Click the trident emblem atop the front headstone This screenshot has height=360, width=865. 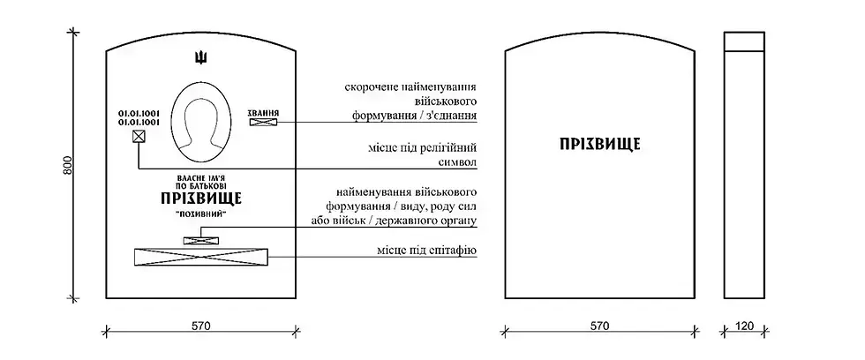point(201,59)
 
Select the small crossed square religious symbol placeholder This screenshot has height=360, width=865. point(139,137)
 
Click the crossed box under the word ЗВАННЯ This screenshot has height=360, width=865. point(263,125)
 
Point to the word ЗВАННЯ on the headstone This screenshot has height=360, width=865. point(264,114)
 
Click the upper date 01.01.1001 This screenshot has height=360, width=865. point(138,113)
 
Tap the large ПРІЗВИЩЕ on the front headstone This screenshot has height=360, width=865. point(201,199)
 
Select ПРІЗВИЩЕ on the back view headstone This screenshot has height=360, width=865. point(599,144)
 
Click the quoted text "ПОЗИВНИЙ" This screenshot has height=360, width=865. point(201,214)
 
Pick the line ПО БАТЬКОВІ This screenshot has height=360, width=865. point(201,187)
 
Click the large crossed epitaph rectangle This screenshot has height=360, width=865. point(200,257)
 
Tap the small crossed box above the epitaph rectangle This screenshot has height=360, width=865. point(200,239)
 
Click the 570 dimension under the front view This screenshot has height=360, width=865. point(201,326)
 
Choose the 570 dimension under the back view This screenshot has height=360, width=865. point(599,326)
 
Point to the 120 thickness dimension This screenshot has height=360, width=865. point(744,326)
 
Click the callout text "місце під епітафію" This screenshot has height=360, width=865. point(425,251)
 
